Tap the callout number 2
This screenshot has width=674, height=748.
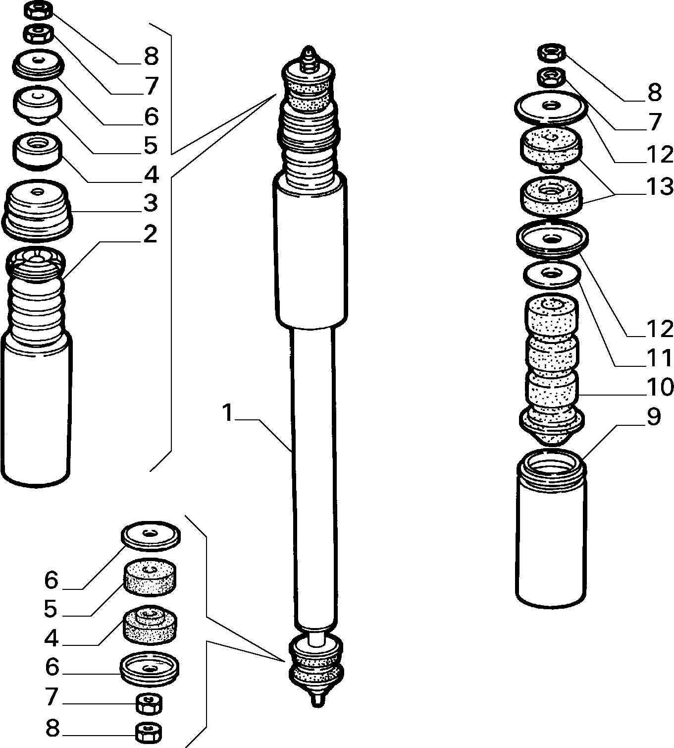pyautogui.click(x=150, y=234)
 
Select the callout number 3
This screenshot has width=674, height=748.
pyautogui.click(x=151, y=203)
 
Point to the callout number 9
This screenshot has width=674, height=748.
pyautogui.click(x=654, y=416)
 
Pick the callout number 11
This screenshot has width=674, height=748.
pyautogui.click(x=660, y=357)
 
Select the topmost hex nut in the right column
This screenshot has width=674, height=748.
pyautogui.click(x=552, y=53)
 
